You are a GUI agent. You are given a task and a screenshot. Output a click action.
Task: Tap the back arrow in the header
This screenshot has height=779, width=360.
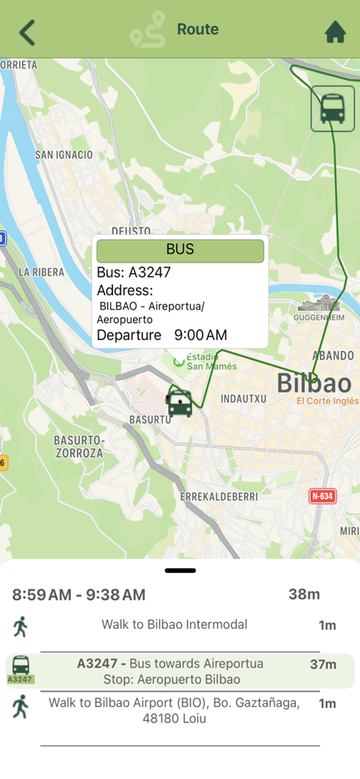(x=27, y=33)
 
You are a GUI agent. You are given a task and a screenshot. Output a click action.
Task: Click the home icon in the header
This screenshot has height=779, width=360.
(x=335, y=32)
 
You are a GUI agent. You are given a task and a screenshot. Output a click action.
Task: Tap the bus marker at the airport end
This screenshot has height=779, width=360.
(x=333, y=108)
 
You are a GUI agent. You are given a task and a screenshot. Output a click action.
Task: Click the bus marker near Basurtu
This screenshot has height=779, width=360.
(x=180, y=401)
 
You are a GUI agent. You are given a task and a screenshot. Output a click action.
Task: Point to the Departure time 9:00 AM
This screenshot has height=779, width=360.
(x=200, y=335)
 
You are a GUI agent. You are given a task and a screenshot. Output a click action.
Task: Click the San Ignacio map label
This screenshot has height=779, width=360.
(x=64, y=155)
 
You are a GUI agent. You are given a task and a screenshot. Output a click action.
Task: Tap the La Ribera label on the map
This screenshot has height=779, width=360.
(x=42, y=272)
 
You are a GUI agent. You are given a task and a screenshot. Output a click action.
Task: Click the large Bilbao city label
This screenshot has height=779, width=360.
(x=314, y=383)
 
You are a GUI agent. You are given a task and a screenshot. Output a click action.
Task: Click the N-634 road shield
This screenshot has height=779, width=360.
(x=323, y=496)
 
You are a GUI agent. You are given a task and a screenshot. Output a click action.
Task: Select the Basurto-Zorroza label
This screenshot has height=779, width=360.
(x=78, y=447)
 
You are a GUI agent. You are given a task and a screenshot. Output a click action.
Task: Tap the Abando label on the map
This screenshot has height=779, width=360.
(x=333, y=355)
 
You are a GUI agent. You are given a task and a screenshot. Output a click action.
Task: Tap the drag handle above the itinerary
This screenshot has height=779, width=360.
(x=180, y=570)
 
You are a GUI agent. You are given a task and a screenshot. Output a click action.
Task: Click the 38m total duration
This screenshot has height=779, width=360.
(x=304, y=594)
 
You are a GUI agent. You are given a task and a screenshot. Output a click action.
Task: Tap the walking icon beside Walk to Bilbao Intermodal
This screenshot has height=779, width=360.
(x=21, y=627)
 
